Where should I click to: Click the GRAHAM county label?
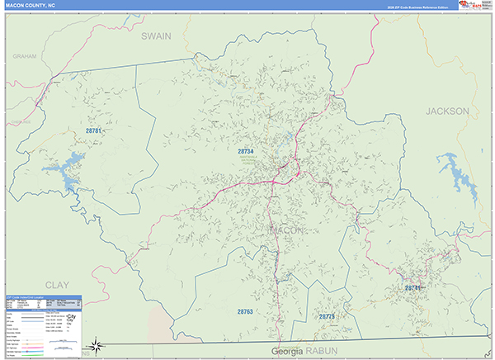pos(26,55)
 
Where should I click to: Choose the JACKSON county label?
pos(447,111)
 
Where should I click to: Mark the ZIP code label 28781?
pos(93,130)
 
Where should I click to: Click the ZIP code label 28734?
pos(246,152)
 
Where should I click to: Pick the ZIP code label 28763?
pos(244,312)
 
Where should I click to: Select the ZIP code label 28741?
pos(412,287)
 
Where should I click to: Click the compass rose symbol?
pos(97,344)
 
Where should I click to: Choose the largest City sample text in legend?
pos(73,316)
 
